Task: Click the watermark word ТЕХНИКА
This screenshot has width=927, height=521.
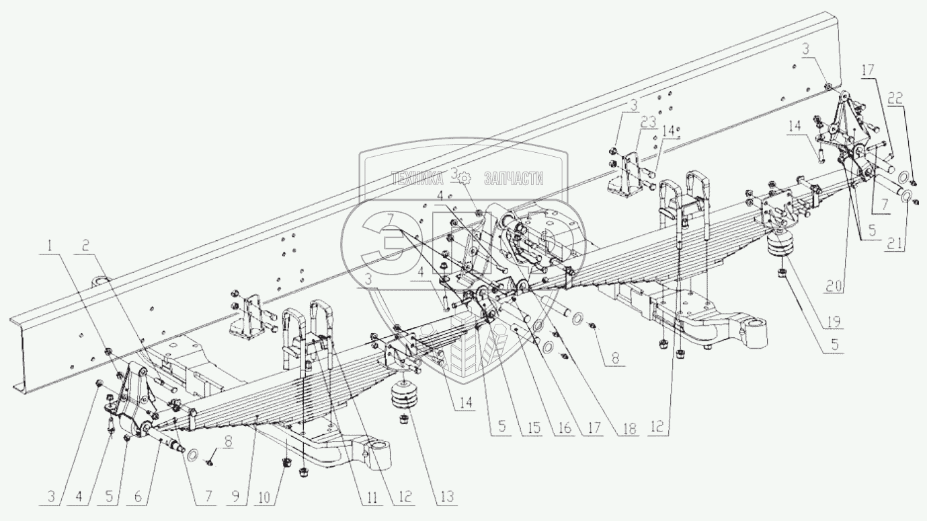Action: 417,178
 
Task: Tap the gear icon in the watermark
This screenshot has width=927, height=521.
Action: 466,178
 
